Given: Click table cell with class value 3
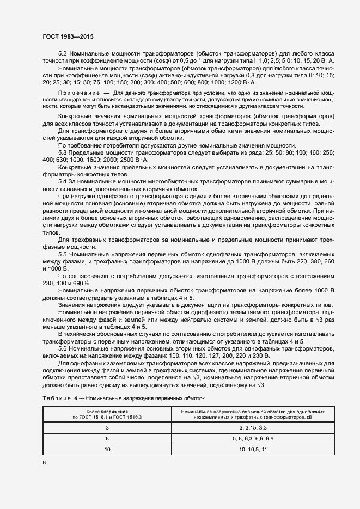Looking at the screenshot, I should pos(107,427).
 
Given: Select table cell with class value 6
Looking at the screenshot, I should pos(107,438).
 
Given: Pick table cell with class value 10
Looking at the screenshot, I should pos(107,449).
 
